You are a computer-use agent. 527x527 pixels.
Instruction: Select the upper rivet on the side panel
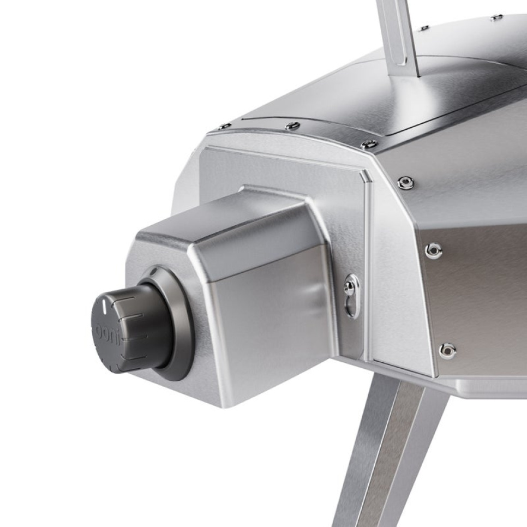click(433, 250)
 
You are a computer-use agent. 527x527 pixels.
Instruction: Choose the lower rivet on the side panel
click(447, 350)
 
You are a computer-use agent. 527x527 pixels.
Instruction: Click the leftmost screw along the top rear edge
click(224, 127)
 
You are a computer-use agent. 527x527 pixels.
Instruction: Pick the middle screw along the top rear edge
click(292, 126)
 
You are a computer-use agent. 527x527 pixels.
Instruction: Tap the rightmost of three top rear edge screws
click(369, 144)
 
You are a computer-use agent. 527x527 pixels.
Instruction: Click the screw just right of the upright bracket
click(424, 27)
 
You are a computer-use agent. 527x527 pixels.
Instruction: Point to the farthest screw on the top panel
click(496, 17)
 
